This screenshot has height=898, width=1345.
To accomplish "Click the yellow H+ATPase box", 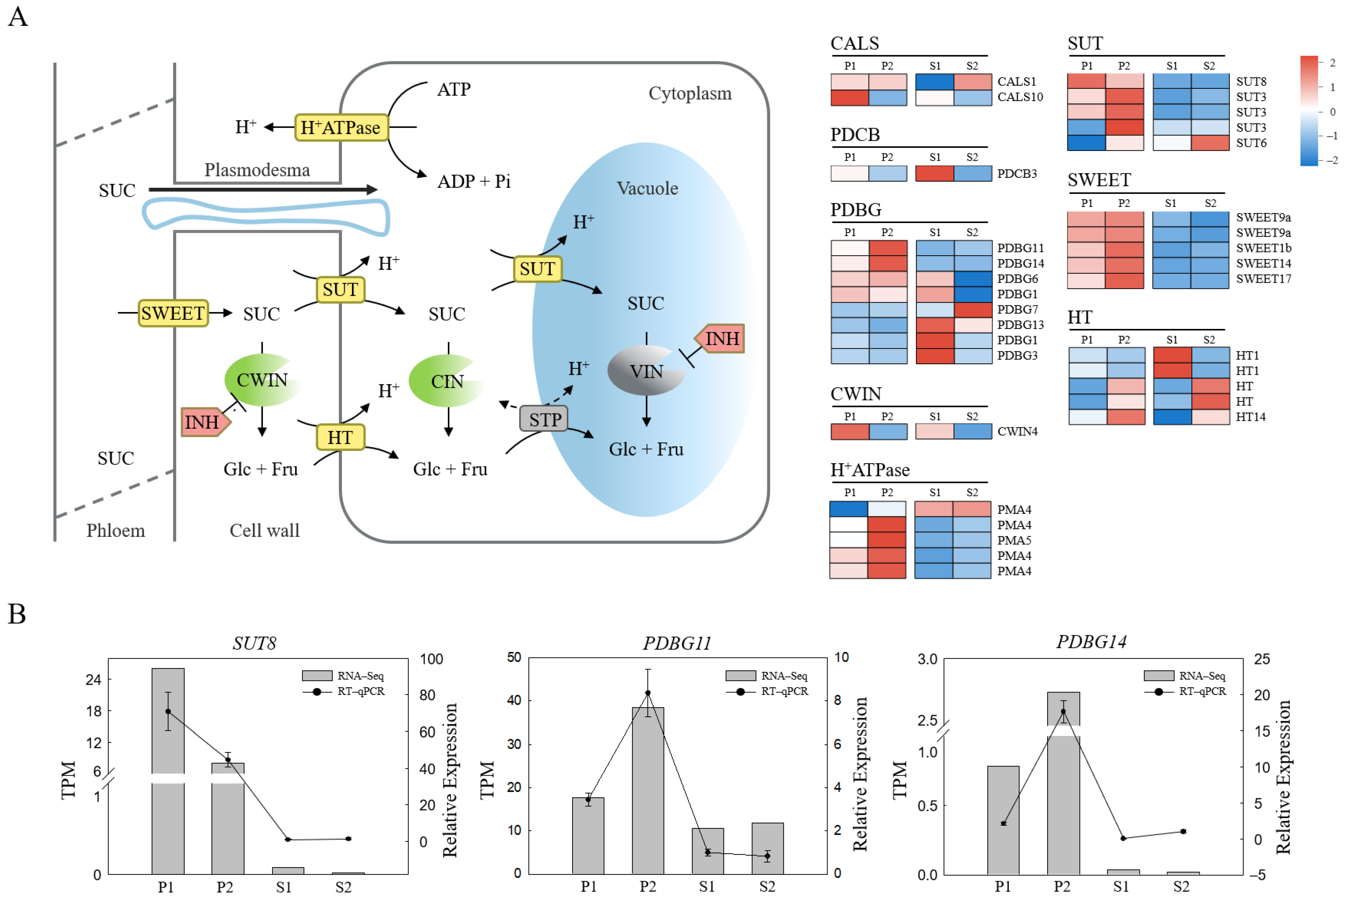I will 341,127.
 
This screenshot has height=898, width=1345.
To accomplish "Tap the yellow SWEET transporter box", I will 173,313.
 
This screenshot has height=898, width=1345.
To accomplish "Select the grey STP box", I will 543,419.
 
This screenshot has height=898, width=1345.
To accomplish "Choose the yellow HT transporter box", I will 340,438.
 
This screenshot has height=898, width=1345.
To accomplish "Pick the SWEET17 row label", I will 1263,279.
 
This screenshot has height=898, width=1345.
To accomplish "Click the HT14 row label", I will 1250,417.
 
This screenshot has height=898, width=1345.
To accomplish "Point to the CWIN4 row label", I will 1017,431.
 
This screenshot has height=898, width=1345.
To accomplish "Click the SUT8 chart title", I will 254,643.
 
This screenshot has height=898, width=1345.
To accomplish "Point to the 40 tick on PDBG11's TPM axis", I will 514,700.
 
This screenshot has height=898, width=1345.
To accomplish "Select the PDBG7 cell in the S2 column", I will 972,310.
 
